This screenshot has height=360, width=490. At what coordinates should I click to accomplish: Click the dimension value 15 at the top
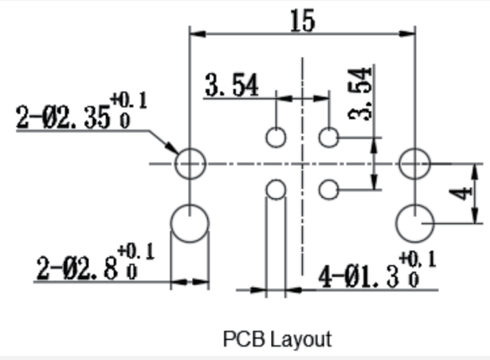303,21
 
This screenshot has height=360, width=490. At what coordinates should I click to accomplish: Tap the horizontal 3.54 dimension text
232,85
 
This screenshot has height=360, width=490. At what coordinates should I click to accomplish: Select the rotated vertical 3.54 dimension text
360,94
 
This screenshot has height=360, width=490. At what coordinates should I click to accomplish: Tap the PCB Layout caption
278,339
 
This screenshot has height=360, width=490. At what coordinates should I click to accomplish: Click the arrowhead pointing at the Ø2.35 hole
173,148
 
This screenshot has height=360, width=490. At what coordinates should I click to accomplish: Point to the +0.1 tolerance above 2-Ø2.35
128,101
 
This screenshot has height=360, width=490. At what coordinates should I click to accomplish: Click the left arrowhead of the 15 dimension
197,34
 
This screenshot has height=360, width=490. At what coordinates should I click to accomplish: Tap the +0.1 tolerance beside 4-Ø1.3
418,259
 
